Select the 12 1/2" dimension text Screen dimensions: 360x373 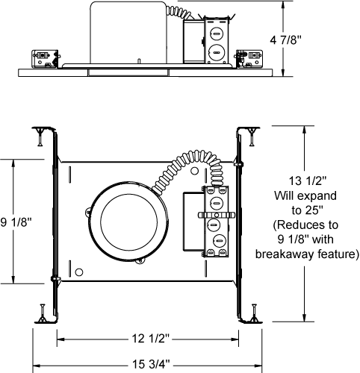coord(151,338)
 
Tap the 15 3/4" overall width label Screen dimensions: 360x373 coord(151,364)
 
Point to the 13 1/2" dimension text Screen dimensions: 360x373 coord(307,181)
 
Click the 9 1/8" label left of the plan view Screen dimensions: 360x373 coord(16,222)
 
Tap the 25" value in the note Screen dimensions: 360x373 coord(314,210)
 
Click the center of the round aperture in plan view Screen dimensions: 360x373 coord(129,222)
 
